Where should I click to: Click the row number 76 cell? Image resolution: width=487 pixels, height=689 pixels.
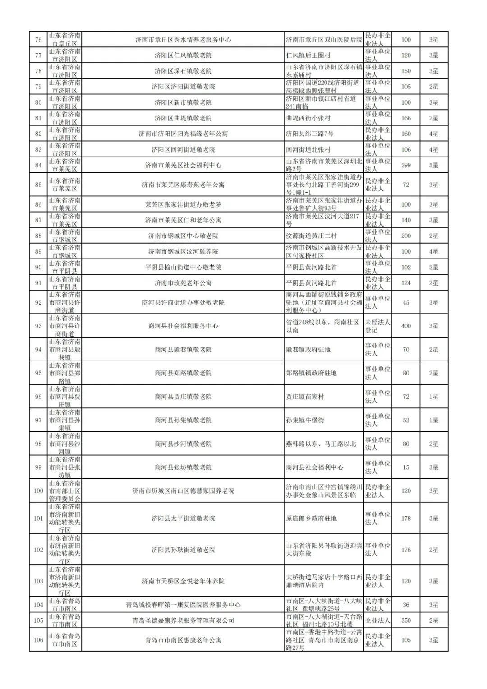tap(38, 40)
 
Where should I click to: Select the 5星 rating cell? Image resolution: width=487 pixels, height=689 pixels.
tap(433, 165)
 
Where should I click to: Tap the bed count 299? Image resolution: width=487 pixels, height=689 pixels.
tap(406, 165)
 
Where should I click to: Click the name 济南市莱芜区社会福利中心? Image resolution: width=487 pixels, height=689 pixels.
tap(183, 165)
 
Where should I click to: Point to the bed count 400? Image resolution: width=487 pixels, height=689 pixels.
tap(406, 326)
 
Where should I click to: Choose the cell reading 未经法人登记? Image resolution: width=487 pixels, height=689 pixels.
tap(377, 326)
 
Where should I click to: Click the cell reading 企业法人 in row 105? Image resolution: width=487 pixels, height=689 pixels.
tap(377, 620)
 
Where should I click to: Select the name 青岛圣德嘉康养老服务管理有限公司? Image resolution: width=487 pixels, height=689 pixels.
tap(183, 620)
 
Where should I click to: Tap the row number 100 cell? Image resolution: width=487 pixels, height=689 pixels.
tap(38, 491)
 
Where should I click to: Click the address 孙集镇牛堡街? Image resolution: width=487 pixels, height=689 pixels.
tap(305, 420)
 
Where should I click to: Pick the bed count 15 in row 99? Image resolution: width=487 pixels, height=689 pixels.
tap(406, 467)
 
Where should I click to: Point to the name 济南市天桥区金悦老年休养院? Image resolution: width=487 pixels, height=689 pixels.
tap(183, 581)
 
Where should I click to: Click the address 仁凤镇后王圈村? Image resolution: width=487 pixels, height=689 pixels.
tap(308, 55)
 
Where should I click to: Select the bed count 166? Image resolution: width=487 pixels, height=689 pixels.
tap(406, 118)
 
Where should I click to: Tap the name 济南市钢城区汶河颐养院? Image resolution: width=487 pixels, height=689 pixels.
tap(183, 251)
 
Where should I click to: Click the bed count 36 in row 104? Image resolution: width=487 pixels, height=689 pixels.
tap(406, 605)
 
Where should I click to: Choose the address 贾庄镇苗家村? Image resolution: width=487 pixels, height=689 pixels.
tap(305, 397)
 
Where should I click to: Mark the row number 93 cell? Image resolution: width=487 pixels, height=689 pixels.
tap(38, 326)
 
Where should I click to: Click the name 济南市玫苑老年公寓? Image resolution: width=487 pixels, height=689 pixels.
tap(183, 283)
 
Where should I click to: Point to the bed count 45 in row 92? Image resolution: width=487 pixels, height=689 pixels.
tap(406, 302)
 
